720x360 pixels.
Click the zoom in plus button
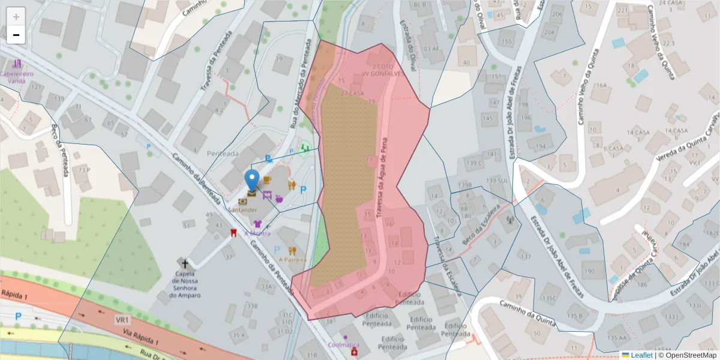(x=16, y=17)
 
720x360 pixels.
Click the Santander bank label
(x=243, y=210)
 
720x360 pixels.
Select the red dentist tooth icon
(x=234, y=233)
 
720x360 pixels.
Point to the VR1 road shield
(x=123, y=321)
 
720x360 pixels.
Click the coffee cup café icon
(x=267, y=180)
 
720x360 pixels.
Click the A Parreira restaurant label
(x=292, y=260)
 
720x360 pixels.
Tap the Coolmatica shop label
(x=344, y=345)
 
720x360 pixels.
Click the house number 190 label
(x=589, y=272)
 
